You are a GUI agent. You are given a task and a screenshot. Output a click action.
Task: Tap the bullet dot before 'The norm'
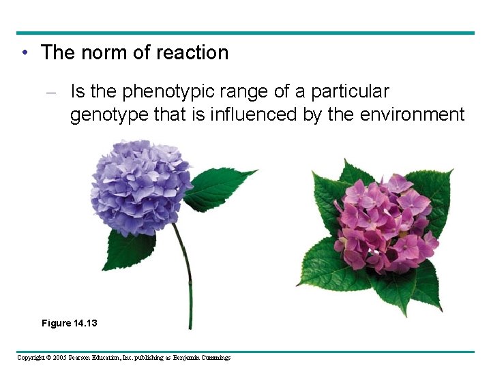point(24,53)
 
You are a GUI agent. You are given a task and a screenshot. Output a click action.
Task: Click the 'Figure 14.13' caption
point(69,322)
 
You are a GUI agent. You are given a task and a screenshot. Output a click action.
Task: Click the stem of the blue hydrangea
point(186,279)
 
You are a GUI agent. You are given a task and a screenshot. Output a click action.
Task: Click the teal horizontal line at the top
point(245,33)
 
